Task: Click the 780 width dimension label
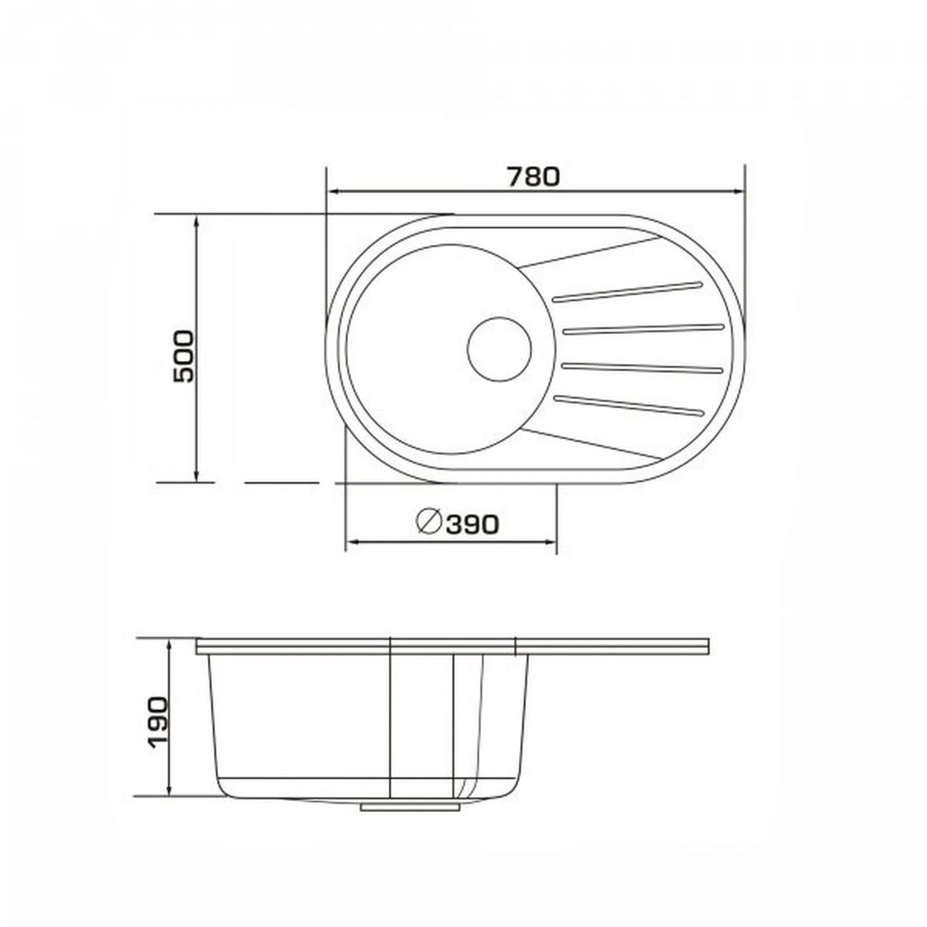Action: pyautogui.click(x=534, y=177)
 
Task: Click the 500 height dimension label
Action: pyautogui.click(x=184, y=356)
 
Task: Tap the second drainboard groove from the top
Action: pyautogui.click(x=642, y=329)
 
